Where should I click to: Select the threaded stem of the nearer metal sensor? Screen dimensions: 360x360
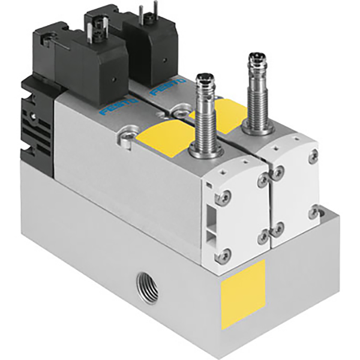coord(205,114)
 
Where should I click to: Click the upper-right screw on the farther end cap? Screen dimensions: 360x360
coord(313,156)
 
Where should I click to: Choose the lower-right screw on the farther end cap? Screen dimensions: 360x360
coord(313,211)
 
